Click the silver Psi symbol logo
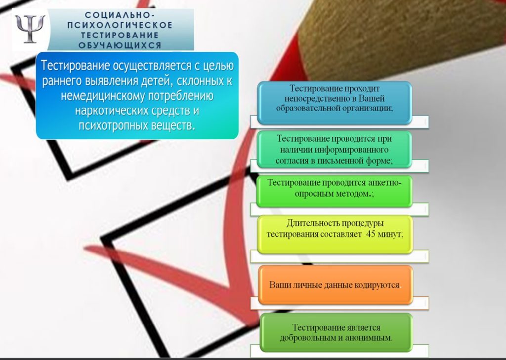pyautogui.click(x=30, y=29)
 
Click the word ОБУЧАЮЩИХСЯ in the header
pyautogui.click(x=120, y=45)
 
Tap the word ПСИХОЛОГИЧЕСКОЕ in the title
pyautogui.click(x=120, y=25)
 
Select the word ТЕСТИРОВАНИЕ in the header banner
pyautogui.click(x=120, y=35)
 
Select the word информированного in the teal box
pyautogui.click(x=351, y=150)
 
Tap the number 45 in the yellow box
pyautogui.click(x=371, y=234)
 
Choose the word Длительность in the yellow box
pyautogui.click(x=312, y=223)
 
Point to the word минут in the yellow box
pyautogui.click(x=390, y=234)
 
